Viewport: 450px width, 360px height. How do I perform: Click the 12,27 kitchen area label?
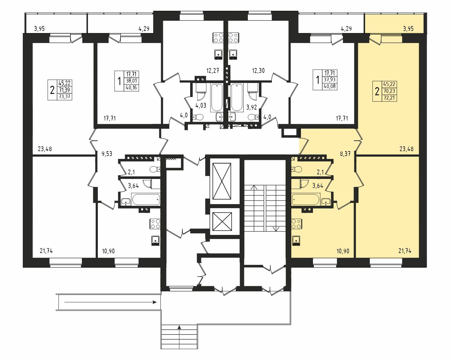click(x=213, y=70)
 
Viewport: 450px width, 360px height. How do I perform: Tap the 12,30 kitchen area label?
click(x=258, y=70)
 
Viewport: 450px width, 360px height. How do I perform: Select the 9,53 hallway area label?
click(x=107, y=154)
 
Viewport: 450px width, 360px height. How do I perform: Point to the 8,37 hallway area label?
click(x=345, y=154)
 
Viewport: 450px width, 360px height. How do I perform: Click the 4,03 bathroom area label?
click(x=201, y=105)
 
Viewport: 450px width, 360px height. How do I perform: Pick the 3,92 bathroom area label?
click(x=251, y=107)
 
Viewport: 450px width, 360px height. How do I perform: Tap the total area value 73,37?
click(x=64, y=97)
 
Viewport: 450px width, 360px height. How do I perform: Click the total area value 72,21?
click(x=389, y=98)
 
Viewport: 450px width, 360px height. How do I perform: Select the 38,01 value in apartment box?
click(x=131, y=81)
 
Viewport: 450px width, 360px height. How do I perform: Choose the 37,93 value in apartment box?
click(x=330, y=80)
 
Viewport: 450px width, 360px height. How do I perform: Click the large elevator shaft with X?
click(x=222, y=181)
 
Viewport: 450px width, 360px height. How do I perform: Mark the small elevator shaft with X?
click(x=222, y=221)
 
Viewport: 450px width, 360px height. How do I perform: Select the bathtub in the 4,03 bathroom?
click(x=217, y=97)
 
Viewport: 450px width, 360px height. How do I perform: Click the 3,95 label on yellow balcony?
click(x=408, y=29)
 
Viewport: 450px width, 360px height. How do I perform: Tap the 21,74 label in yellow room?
click(x=405, y=251)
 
